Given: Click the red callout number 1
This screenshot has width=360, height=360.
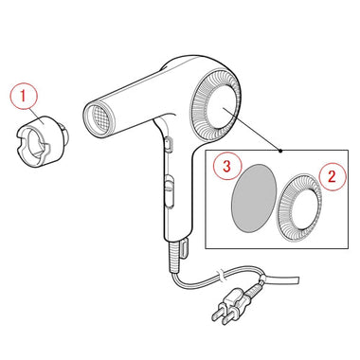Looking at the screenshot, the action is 24,96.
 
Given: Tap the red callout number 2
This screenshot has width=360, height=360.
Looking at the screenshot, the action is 332,177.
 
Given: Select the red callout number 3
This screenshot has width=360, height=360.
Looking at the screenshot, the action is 226,166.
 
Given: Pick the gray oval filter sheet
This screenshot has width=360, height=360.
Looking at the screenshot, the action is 254,198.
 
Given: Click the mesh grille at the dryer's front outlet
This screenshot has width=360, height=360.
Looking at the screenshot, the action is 100,120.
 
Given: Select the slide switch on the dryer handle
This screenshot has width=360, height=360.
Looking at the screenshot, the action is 169,190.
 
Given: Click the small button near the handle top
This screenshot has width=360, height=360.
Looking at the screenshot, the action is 169,144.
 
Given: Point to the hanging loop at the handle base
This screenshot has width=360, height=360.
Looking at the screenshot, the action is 185,248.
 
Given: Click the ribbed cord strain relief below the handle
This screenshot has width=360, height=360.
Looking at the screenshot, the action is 174,257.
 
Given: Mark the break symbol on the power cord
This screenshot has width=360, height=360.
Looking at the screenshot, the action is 221,276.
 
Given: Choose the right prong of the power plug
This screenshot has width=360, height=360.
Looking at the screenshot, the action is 227,319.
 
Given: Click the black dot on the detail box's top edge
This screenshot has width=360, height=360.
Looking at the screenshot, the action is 281,151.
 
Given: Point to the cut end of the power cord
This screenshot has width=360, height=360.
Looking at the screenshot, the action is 297,279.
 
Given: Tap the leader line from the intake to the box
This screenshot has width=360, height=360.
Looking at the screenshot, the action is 252,129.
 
